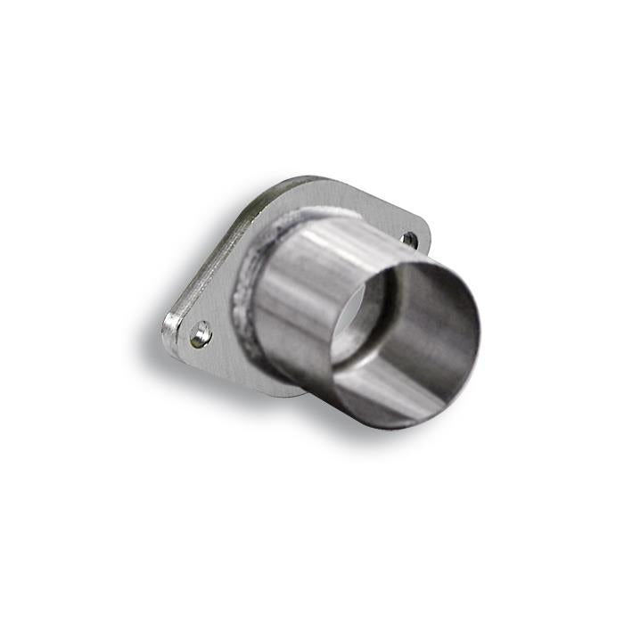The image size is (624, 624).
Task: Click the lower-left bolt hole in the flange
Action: (x=202, y=334)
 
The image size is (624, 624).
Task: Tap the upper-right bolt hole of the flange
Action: (x=408, y=239)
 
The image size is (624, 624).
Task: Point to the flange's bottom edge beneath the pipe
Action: (x=285, y=392)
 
